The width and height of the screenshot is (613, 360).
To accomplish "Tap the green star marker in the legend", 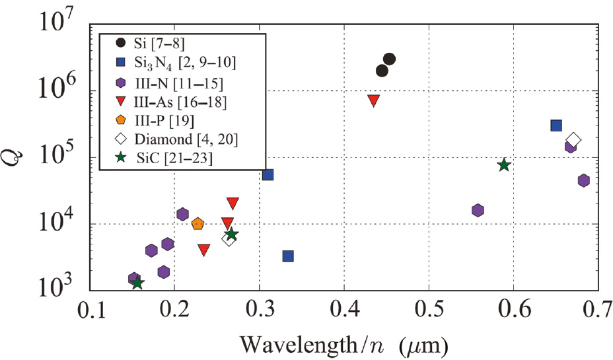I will (x=120, y=158).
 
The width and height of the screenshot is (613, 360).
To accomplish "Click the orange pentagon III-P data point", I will (x=198, y=224).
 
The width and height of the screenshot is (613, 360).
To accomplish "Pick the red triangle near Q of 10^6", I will (x=373, y=100).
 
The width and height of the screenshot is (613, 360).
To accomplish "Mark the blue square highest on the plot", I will (x=556, y=126).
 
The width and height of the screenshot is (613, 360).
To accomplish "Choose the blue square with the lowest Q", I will (x=288, y=256).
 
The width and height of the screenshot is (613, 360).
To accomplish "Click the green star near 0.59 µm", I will (x=504, y=164).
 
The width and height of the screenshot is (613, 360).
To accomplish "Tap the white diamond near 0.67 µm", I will (x=573, y=139).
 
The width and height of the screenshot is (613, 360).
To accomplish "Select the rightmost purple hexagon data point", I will (x=583, y=180).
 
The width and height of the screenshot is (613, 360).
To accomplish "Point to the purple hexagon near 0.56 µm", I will (x=478, y=210).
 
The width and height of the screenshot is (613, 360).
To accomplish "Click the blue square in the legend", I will (x=120, y=63).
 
